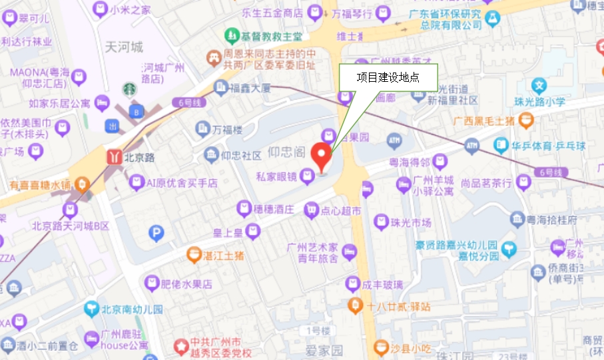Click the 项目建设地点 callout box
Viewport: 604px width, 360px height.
tap(388, 77)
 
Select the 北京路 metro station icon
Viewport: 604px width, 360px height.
tap(113, 157)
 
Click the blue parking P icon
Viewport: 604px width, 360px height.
tap(156, 233)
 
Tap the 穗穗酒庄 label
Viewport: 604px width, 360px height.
tap(274, 210)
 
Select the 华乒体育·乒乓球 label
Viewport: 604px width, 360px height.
tap(547, 145)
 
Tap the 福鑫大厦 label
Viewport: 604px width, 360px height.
tap(250, 87)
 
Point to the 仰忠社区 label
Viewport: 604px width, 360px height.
tap(241, 156)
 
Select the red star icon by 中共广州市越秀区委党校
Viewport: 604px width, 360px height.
tap(179, 346)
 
